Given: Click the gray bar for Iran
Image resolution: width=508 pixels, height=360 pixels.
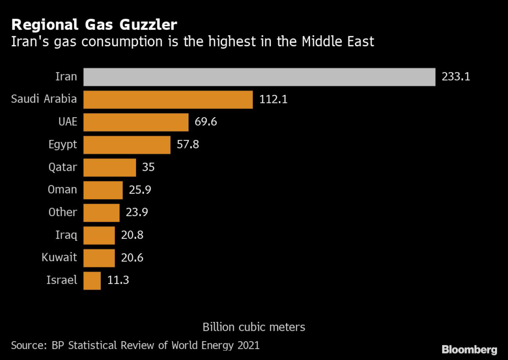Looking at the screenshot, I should (x=259, y=77).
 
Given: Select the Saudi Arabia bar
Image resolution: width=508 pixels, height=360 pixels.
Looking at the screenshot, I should (x=168, y=99).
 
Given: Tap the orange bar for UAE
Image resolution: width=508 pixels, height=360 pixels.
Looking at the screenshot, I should (x=136, y=122).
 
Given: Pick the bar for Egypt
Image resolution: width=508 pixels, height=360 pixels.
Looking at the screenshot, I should (x=127, y=144).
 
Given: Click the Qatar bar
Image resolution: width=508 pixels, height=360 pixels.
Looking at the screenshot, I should (x=110, y=167).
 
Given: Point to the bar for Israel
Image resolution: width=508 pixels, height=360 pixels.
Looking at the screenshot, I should (x=92, y=280).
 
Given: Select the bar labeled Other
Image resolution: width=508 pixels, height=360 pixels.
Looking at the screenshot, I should (x=101, y=213).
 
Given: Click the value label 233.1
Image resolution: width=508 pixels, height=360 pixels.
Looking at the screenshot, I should (x=455, y=77).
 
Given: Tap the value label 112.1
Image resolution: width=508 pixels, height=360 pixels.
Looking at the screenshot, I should (x=273, y=99).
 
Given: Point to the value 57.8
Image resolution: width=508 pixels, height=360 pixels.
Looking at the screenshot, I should (x=189, y=144).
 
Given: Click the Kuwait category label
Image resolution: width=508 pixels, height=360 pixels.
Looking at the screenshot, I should (x=59, y=258).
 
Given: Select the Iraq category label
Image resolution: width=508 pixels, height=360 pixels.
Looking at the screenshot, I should (x=66, y=235).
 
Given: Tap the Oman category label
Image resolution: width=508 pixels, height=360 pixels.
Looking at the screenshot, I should (x=63, y=190).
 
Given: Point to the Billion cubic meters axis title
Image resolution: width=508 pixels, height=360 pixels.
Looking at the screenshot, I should (x=254, y=327).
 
